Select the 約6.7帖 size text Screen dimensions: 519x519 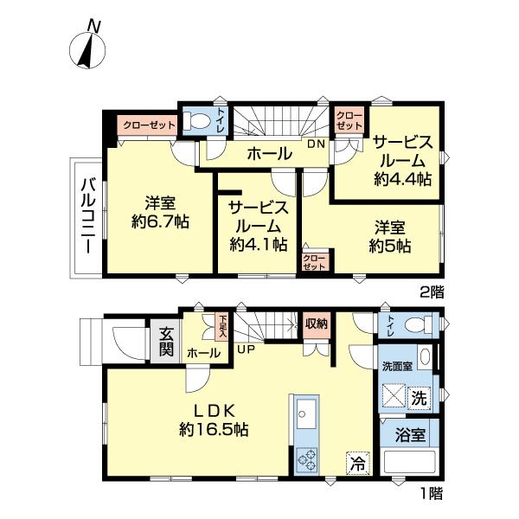[160, 221]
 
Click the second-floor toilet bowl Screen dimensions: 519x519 [196, 120]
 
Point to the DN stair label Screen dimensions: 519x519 [317, 144]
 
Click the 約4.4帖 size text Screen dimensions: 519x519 [403, 179]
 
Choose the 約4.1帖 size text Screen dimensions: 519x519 [259, 244]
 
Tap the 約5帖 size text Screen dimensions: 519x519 [390, 247]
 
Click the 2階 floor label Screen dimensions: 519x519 [432, 292]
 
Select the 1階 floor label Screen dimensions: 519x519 [432, 495]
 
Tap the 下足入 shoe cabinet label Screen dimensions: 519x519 [222, 326]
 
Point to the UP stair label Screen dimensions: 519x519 [246, 349]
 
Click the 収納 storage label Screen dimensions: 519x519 [317, 324]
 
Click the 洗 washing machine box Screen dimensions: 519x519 [419, 398]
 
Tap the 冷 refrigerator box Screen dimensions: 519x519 [357, 464]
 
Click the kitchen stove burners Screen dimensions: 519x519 [307, 460]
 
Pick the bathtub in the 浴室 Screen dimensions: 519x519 [409, 463]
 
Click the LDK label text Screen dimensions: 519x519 [215, 412]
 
